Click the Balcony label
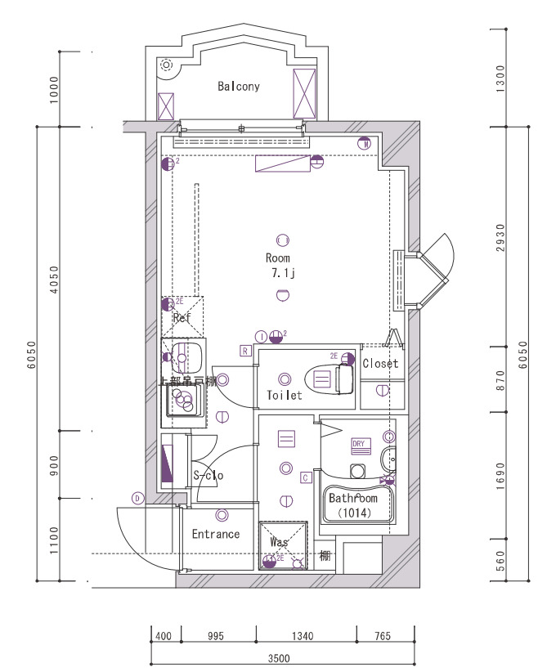(239, 86)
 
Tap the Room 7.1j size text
(284, 273)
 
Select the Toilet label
(284, 395)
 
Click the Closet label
(380, 363)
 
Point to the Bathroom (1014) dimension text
(353, 513)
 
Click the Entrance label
(216, 534)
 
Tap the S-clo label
(208, 475)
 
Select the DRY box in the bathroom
(360, 445)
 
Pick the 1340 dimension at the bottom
(306, 635)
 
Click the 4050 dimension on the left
(54, 278)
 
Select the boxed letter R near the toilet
(244, 351)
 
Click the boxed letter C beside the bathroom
(305, 477)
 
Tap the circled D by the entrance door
(137, 497)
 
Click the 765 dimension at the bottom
(383, 635)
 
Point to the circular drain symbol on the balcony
(167, 65)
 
